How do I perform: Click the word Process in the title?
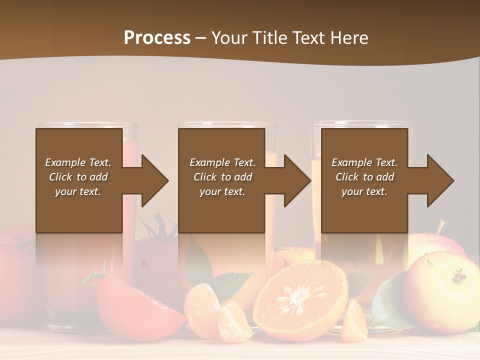(157, 37)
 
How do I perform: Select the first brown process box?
(79, 180)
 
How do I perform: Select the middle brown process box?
(221, 180)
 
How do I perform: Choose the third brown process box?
(364, 180)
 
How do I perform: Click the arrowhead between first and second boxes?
(155, 180)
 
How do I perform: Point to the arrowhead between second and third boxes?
(297, 180)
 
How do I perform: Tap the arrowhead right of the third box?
(440, 180)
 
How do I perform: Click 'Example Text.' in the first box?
(78, 162)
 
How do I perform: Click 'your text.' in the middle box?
(222, 191)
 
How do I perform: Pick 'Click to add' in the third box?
(364, 177)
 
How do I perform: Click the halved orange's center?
(300, 295)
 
